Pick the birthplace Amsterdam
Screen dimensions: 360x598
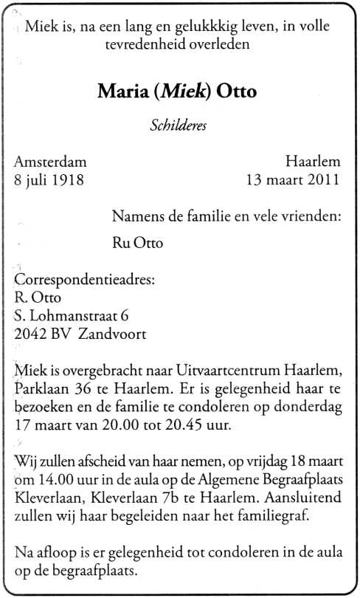[50, 162]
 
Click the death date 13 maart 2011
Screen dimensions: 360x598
[294, 179]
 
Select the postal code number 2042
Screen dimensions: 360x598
[30, 334]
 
